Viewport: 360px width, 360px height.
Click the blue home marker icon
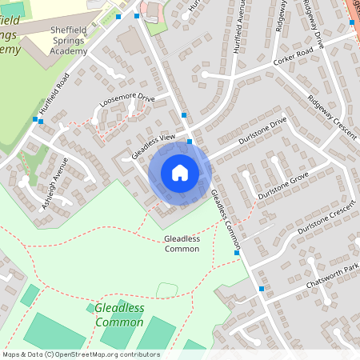(x=180, y=173)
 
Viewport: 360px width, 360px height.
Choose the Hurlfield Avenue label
(x=237, y=28)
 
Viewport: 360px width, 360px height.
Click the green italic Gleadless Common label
(x=119, y=314)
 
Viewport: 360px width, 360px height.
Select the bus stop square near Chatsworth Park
(x=262, y=288)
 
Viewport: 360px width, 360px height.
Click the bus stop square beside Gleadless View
(x=190, y=142)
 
